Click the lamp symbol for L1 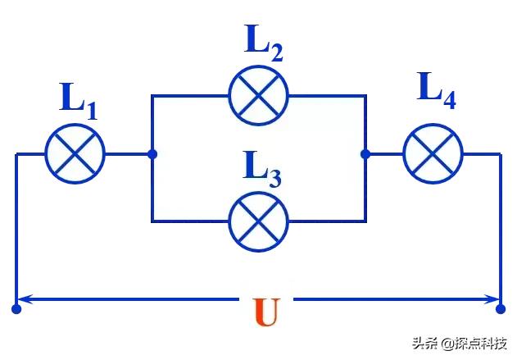pos(75,153)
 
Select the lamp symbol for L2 pos(258,95)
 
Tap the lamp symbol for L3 pos(258,220)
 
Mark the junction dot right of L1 pos(152,153)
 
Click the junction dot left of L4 pos(365,153)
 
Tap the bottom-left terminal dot pos(16,309)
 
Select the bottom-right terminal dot pos(501,309)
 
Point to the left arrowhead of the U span pos(25,298)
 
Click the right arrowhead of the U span pos(492,298)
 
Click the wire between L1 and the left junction pos(128,153)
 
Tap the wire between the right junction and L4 pos(384,153)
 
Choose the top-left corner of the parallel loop pos(152,95)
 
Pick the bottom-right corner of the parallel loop pos(365,220)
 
